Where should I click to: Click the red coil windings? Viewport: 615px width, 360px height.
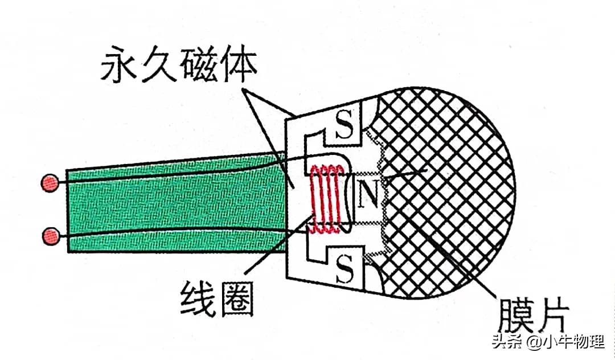[326, 199]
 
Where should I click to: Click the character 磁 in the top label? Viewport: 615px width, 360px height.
[199, 68]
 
